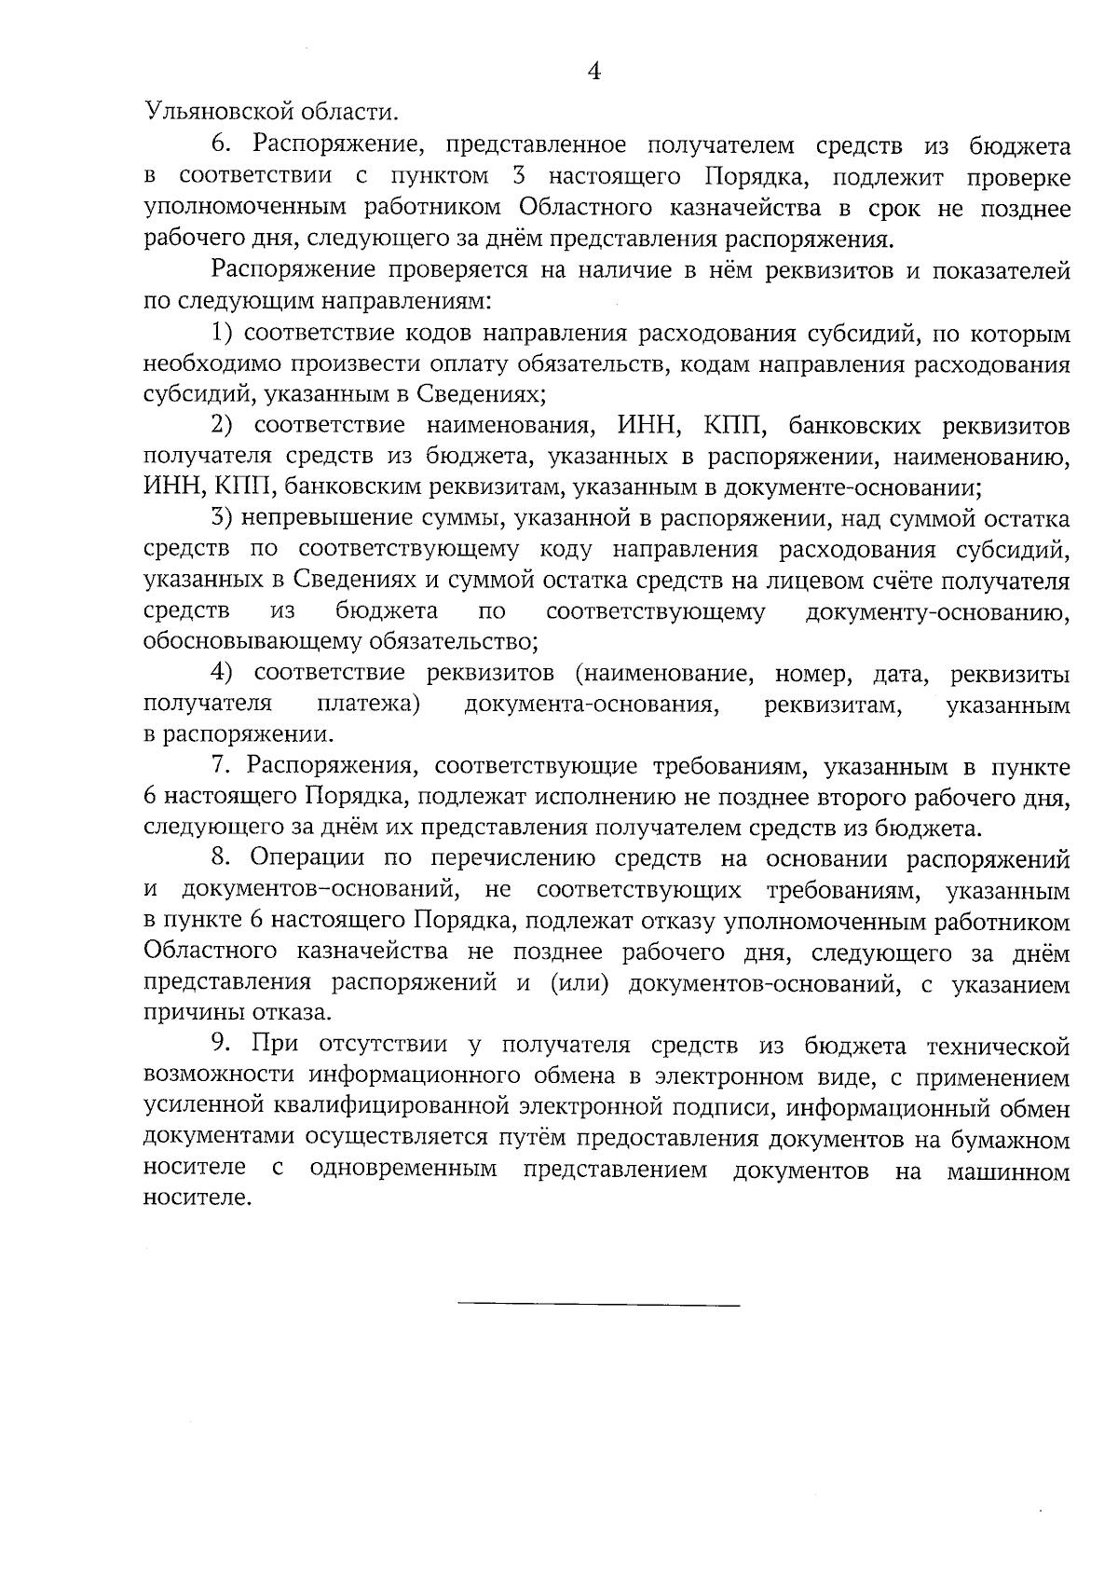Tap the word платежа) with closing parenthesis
368,704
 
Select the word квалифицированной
403,1107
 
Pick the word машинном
1008,1170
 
